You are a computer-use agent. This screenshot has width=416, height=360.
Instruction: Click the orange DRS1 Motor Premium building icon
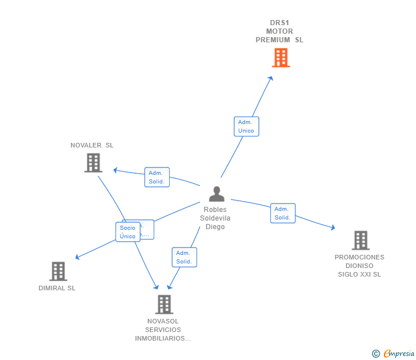click(281, 58)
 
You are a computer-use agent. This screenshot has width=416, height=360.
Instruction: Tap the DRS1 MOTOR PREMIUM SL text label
click(279, 32)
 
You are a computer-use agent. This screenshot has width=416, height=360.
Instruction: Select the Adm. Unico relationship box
click(246, 127)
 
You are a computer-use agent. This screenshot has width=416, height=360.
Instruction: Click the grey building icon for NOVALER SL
click(93, 163)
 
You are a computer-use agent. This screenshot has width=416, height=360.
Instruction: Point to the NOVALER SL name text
click(92, 145)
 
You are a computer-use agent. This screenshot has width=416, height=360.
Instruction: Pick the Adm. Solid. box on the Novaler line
click(157, 177)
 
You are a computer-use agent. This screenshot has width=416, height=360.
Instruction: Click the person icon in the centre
click(217, 194)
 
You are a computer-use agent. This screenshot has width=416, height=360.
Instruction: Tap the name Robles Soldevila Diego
click(215, 218)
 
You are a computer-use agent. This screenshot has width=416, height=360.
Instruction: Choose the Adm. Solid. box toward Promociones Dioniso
click(282, 213)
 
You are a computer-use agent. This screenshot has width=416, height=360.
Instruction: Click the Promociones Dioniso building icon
click(361, 241)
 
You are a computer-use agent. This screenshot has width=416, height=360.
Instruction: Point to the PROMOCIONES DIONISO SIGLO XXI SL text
click(359, 266)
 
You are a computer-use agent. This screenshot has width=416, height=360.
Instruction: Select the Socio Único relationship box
click(127, 232)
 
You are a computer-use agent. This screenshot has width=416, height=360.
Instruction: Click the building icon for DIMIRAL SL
click(58, 271)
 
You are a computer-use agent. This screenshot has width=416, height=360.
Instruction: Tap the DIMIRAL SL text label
click(57, 288)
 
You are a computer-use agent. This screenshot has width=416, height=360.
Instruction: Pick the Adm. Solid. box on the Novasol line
click(184, 257)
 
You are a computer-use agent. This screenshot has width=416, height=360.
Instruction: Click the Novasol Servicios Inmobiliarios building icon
click(164, 305)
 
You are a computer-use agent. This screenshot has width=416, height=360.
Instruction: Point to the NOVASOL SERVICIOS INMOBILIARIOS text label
click(163, 330)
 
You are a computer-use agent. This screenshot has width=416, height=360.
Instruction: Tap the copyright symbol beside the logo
click(376, 354)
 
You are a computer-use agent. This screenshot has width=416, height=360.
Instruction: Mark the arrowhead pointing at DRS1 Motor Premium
click(271, 78)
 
